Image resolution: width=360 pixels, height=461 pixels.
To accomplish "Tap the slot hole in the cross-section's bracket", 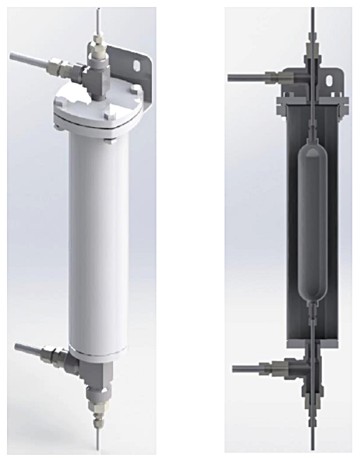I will (x=334, y=78).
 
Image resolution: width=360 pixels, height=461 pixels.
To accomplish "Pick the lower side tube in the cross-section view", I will (x=255, y=369).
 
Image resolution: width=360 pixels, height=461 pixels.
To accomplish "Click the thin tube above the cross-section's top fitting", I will (x=311, y=23).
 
